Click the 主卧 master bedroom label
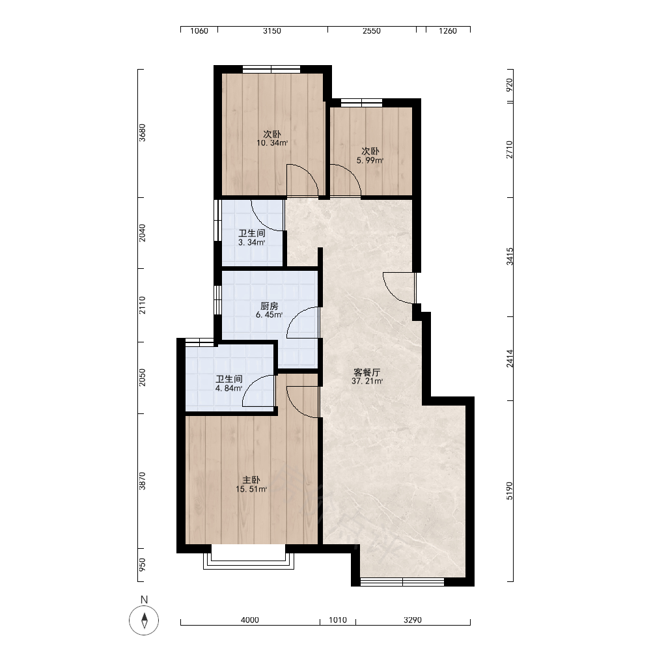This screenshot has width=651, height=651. click(251, 480)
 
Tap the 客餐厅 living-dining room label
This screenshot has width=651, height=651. click(367, 372)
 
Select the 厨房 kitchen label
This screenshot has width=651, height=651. click(269, 307)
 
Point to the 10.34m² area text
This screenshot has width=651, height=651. click(272, 143)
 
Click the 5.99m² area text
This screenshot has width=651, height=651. click(370, 160)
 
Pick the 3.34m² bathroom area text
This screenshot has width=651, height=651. click(251, 242)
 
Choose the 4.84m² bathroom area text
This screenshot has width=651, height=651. click(229, 389)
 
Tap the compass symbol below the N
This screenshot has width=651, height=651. click(144, 620)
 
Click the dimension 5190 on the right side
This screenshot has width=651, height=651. click(510, 491)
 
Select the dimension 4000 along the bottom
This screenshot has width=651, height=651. click(250, 620)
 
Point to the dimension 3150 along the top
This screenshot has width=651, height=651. click(272, 31)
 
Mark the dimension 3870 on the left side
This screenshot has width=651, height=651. click(143, 481)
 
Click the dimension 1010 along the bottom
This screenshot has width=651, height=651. click(337, 620)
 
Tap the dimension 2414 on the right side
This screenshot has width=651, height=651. click(510, 359)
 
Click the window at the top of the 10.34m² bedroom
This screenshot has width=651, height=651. click(271, 70)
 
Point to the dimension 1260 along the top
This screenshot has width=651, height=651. click(448, 31)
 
